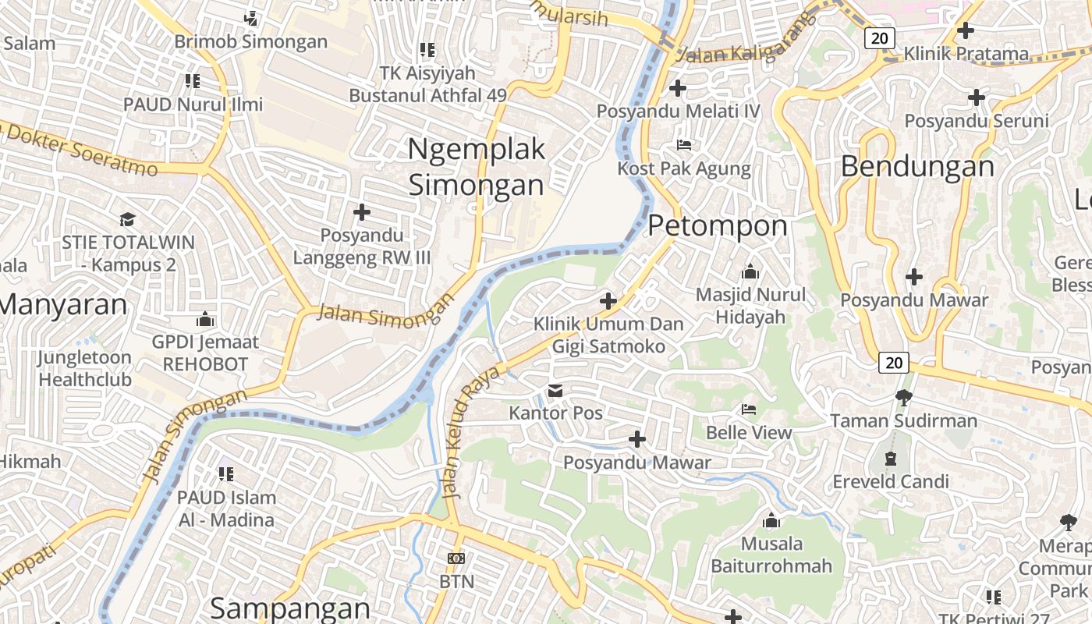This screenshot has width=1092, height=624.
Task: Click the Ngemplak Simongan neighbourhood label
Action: point(477,167)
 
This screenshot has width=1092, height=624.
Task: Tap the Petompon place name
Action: point(718,226)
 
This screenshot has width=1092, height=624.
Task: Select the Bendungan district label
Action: point(918,167)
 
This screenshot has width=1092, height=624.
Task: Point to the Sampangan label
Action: point(290,608)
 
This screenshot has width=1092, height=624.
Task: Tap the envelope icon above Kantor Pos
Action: point(555,390)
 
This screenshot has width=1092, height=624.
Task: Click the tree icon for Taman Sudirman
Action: point(903,399)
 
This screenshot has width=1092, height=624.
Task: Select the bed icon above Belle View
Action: point(749,409)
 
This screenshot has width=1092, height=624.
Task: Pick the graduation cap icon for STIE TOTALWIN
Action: point(127,219)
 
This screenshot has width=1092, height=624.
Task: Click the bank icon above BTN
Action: point(456,558)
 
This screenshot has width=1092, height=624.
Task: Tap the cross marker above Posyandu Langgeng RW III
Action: point(361,211)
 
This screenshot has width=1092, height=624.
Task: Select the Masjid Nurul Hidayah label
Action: point(750,306)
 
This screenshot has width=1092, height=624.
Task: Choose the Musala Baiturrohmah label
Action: point(771,555)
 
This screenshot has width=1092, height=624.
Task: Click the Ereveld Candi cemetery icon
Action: point(891,459)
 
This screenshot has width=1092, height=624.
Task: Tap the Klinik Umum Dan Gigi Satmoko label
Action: point(608,335)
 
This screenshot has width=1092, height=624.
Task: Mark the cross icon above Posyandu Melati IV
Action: point(678,88)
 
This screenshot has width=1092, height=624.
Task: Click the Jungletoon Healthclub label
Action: point(85,369)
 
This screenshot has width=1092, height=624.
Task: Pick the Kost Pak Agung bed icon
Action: point(684,145)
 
